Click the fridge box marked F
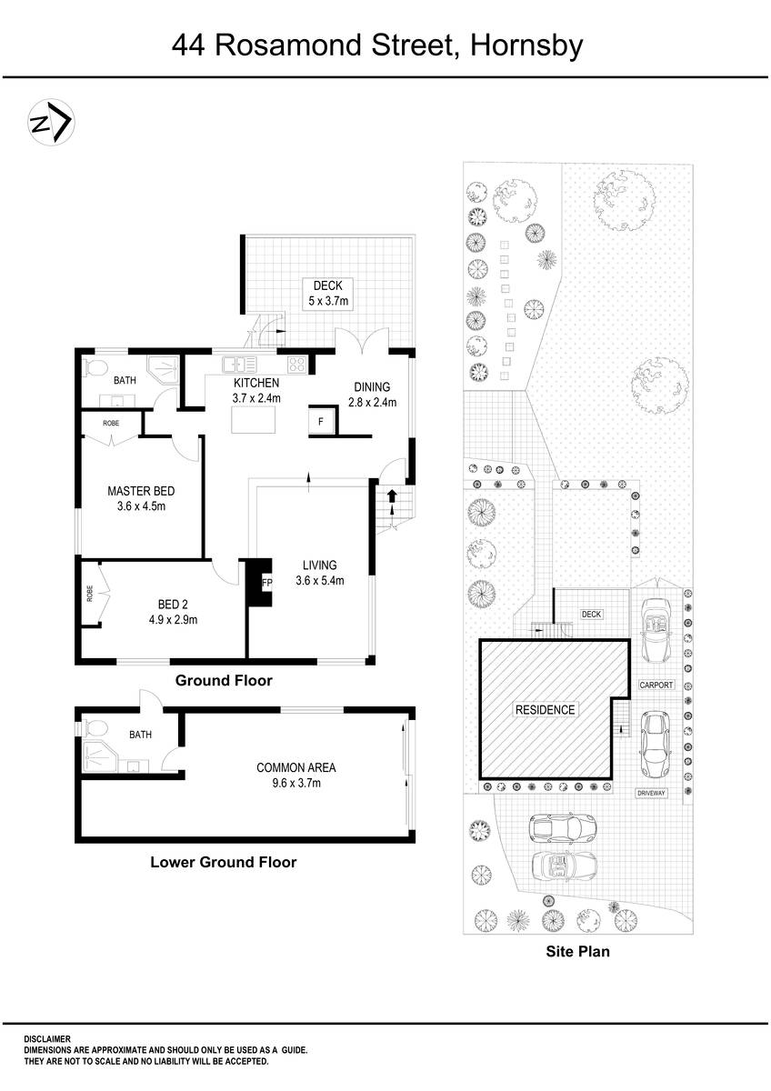tap(321, 422)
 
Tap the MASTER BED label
tap(141, 498)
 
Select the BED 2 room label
tap(173, 612)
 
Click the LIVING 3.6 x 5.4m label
tap(320, 573)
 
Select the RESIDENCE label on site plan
tap(545, 709)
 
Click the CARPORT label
tap(656, 685)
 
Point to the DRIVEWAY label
tap(651, 793)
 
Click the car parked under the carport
tap(655, 626)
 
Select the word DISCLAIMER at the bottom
tap(47, 1038)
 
